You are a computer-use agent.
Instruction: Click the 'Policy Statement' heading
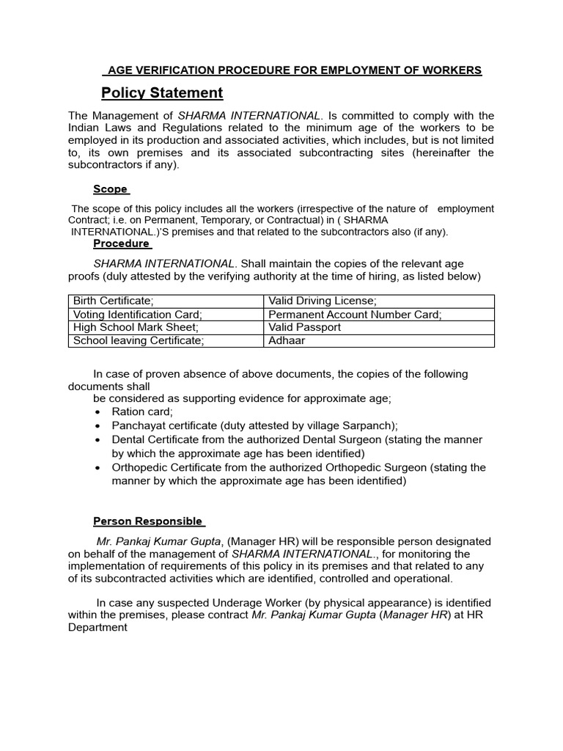coord(162,93)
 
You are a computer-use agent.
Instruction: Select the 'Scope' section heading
coord(111,189)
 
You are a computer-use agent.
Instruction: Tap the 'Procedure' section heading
coord(122,243)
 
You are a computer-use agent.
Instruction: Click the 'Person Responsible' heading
coord(149,521)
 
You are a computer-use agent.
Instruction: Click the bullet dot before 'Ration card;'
coord(97,412)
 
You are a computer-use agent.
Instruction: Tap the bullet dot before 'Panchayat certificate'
coord(97,426)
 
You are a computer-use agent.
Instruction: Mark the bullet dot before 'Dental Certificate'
coord(97,440)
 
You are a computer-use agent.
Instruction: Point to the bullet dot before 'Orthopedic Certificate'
coord(97,468)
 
